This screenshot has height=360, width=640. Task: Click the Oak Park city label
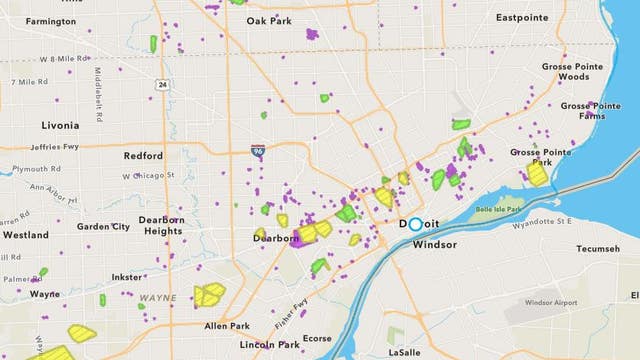(x=269, y=20)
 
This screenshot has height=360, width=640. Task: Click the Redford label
(x=143, y=156)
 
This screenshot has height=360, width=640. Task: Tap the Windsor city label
(x=434, y=244)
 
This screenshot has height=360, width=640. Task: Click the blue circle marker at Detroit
(x=416, y=225)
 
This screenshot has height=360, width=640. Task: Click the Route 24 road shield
(x=162, y=85)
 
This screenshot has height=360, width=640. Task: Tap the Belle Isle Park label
(x=501, y=210)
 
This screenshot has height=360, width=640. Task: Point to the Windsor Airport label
(x=551, y=302)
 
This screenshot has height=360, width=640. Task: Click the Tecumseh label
(x=597, y=249)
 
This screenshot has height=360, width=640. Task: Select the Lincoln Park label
(x=269, y=344)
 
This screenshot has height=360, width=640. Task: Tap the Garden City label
(x=103, y=227)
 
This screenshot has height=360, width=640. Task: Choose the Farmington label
(x=50, y=21)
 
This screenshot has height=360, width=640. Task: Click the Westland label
(x=26, y=235)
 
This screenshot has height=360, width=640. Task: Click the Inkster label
(x=127, y=277)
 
